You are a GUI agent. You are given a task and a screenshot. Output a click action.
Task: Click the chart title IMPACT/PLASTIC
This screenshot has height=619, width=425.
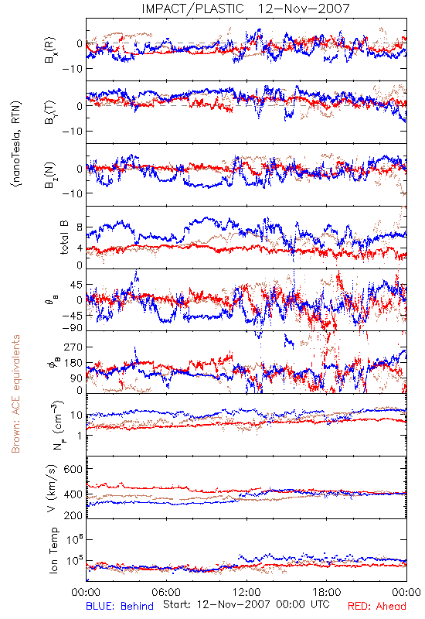click(192, 9)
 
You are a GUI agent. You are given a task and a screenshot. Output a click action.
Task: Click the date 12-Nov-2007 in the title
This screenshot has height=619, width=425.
click(304, 9)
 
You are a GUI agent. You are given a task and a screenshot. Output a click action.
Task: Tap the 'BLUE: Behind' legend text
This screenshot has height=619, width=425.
click(120, 606)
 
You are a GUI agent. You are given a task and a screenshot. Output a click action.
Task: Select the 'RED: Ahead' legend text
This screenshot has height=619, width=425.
click(376, 606)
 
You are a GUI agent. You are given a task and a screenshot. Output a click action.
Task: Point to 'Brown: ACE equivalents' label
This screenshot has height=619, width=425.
click(15, 394)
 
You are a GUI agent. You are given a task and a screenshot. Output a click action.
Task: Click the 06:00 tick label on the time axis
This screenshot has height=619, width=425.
click(166, 592)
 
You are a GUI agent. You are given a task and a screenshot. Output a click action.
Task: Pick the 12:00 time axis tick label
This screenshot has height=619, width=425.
click(246, 592)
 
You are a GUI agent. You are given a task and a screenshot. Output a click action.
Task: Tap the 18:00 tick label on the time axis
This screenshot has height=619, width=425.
click(327, 592)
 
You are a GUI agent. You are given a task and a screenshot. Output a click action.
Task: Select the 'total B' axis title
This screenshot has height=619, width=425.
click(64, 238)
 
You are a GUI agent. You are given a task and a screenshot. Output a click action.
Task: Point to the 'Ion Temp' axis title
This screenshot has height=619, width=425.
click(53, 550)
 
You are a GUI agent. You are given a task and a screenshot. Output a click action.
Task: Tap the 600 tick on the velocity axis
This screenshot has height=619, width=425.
click(73, 469)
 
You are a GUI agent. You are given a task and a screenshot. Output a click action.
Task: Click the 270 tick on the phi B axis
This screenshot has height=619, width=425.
click(73, 347)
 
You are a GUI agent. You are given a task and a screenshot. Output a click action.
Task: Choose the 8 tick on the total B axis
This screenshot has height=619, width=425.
click(80, 227)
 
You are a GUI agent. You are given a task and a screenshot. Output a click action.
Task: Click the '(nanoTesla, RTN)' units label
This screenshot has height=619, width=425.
click(16, 144)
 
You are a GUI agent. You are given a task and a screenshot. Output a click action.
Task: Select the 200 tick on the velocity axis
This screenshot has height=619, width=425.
click(73, 515)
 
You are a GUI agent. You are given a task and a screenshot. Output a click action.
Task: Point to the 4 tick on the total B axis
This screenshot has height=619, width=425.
click(80, 248)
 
